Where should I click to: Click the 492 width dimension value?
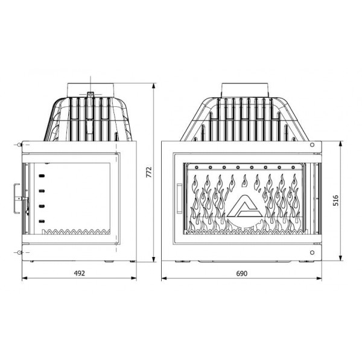[x=79, y=273]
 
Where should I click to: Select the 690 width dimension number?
[x=241, y=273]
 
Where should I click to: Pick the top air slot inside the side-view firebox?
[x=42, y=176]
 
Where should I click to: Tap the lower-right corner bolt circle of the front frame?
[x=312, y=254]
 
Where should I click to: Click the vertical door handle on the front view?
[x=179, y=198]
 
